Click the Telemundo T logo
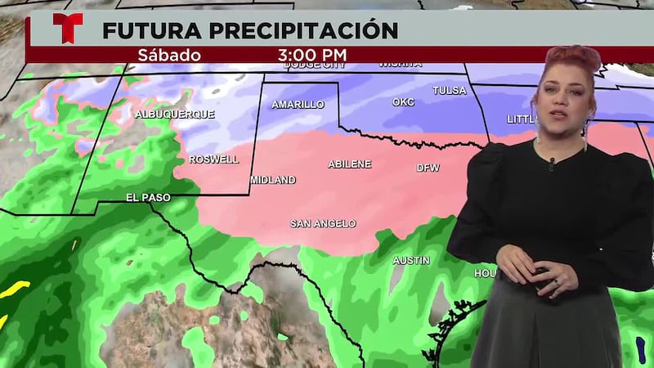tap(67, 28)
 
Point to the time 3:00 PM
tap(311, 56)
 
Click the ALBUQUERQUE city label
tap(174, 114)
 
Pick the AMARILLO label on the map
tap(298, 105)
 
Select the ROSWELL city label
tap(213, 159)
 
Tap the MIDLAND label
tap(273, 180)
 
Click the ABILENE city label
tap(349, 164)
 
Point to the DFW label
tap(428, 168)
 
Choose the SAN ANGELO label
tap(323, 223)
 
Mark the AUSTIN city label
tap(411, 261)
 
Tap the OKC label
tap(403, 103)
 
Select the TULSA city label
tap(449, 90)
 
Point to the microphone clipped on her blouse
tap(552, 164)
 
